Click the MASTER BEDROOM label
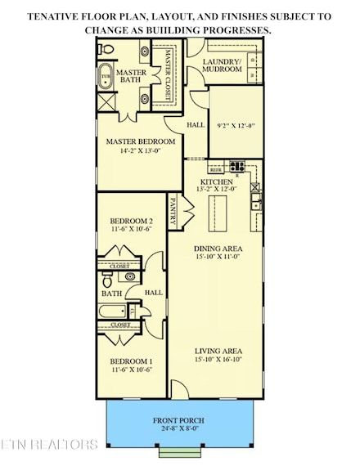click(x=141, y=141)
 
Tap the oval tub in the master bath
click(x=105, y=78)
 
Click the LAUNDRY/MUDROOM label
click(x=223, y=65)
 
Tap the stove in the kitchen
click(x=238, y=168)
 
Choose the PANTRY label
click(x=173, y=208)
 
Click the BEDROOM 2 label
click(x=131, y=221)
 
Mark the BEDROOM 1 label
click(x=131, y=361)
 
